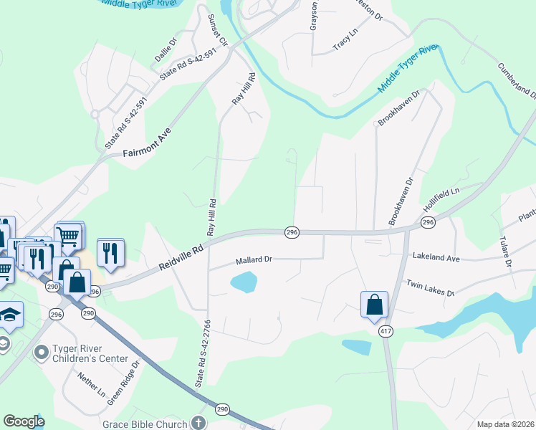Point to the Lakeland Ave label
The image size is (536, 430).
coord(436,257)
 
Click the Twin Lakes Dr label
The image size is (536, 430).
coord(431,288)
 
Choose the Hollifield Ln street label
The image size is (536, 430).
coord(440,199)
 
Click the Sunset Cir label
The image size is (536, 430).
coord(217,29)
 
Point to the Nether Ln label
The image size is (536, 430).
coord(92,385)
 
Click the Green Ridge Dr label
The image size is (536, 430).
coord(123,383)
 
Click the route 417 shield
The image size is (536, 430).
coord(386,331)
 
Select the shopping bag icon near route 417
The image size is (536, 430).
coord(375,304)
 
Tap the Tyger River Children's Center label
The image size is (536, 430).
coord(90,354)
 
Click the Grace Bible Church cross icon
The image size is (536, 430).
coord(199,424)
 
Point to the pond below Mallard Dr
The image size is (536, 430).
coord(244,282)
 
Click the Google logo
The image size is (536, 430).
coord(24,421)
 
